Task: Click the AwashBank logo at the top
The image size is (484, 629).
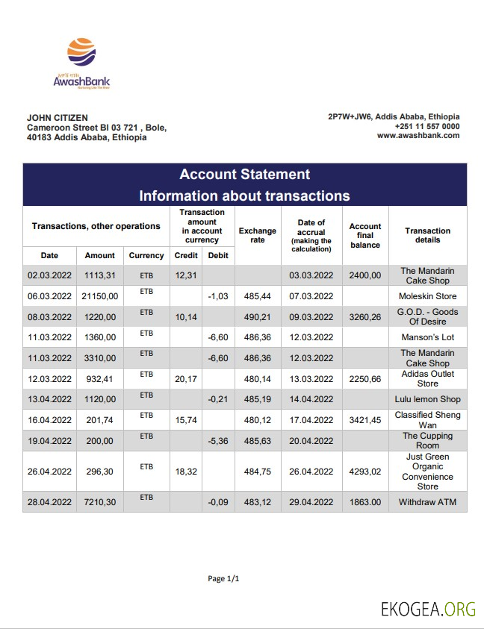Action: pyautogui.click(x=81, y=63)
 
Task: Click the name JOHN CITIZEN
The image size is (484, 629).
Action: pyautogui.click(x=58, y=118)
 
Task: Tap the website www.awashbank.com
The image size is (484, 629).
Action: pyautogui.click(x=418, y=136)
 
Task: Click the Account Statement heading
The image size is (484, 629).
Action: pyautogui.click(x=244, y=175)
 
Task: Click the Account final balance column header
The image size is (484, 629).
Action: pyautogui.click(x=365, y=236)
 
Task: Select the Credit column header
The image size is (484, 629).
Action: pyautogui.click(x=185, y=255)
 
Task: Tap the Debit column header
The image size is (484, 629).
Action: pyautogui.click(x=218, y=255)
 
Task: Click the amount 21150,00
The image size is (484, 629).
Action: pyautogui.click(x=100, y=296)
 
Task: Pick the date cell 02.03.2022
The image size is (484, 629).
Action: pyautogui.click(x=49, y=275)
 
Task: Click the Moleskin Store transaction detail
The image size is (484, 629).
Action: pyautogui.click(x=427, y=296)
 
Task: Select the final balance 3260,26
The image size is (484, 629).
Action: pyautogui.click(x=365, y=317)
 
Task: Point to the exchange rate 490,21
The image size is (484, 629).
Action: pyautogui.click(x=257, y=317)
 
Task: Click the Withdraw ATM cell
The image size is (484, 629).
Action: pyautogui.click(x=427, y=502)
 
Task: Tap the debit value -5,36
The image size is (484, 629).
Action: pyautogui.click(x=218, y=440)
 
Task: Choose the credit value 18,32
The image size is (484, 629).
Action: pyautogui.click(x=185, y=472)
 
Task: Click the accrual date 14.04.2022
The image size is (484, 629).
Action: pyautogui.click(x=311, y=399)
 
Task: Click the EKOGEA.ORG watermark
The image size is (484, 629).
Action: pyautogui.click(x=428, y=609)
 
